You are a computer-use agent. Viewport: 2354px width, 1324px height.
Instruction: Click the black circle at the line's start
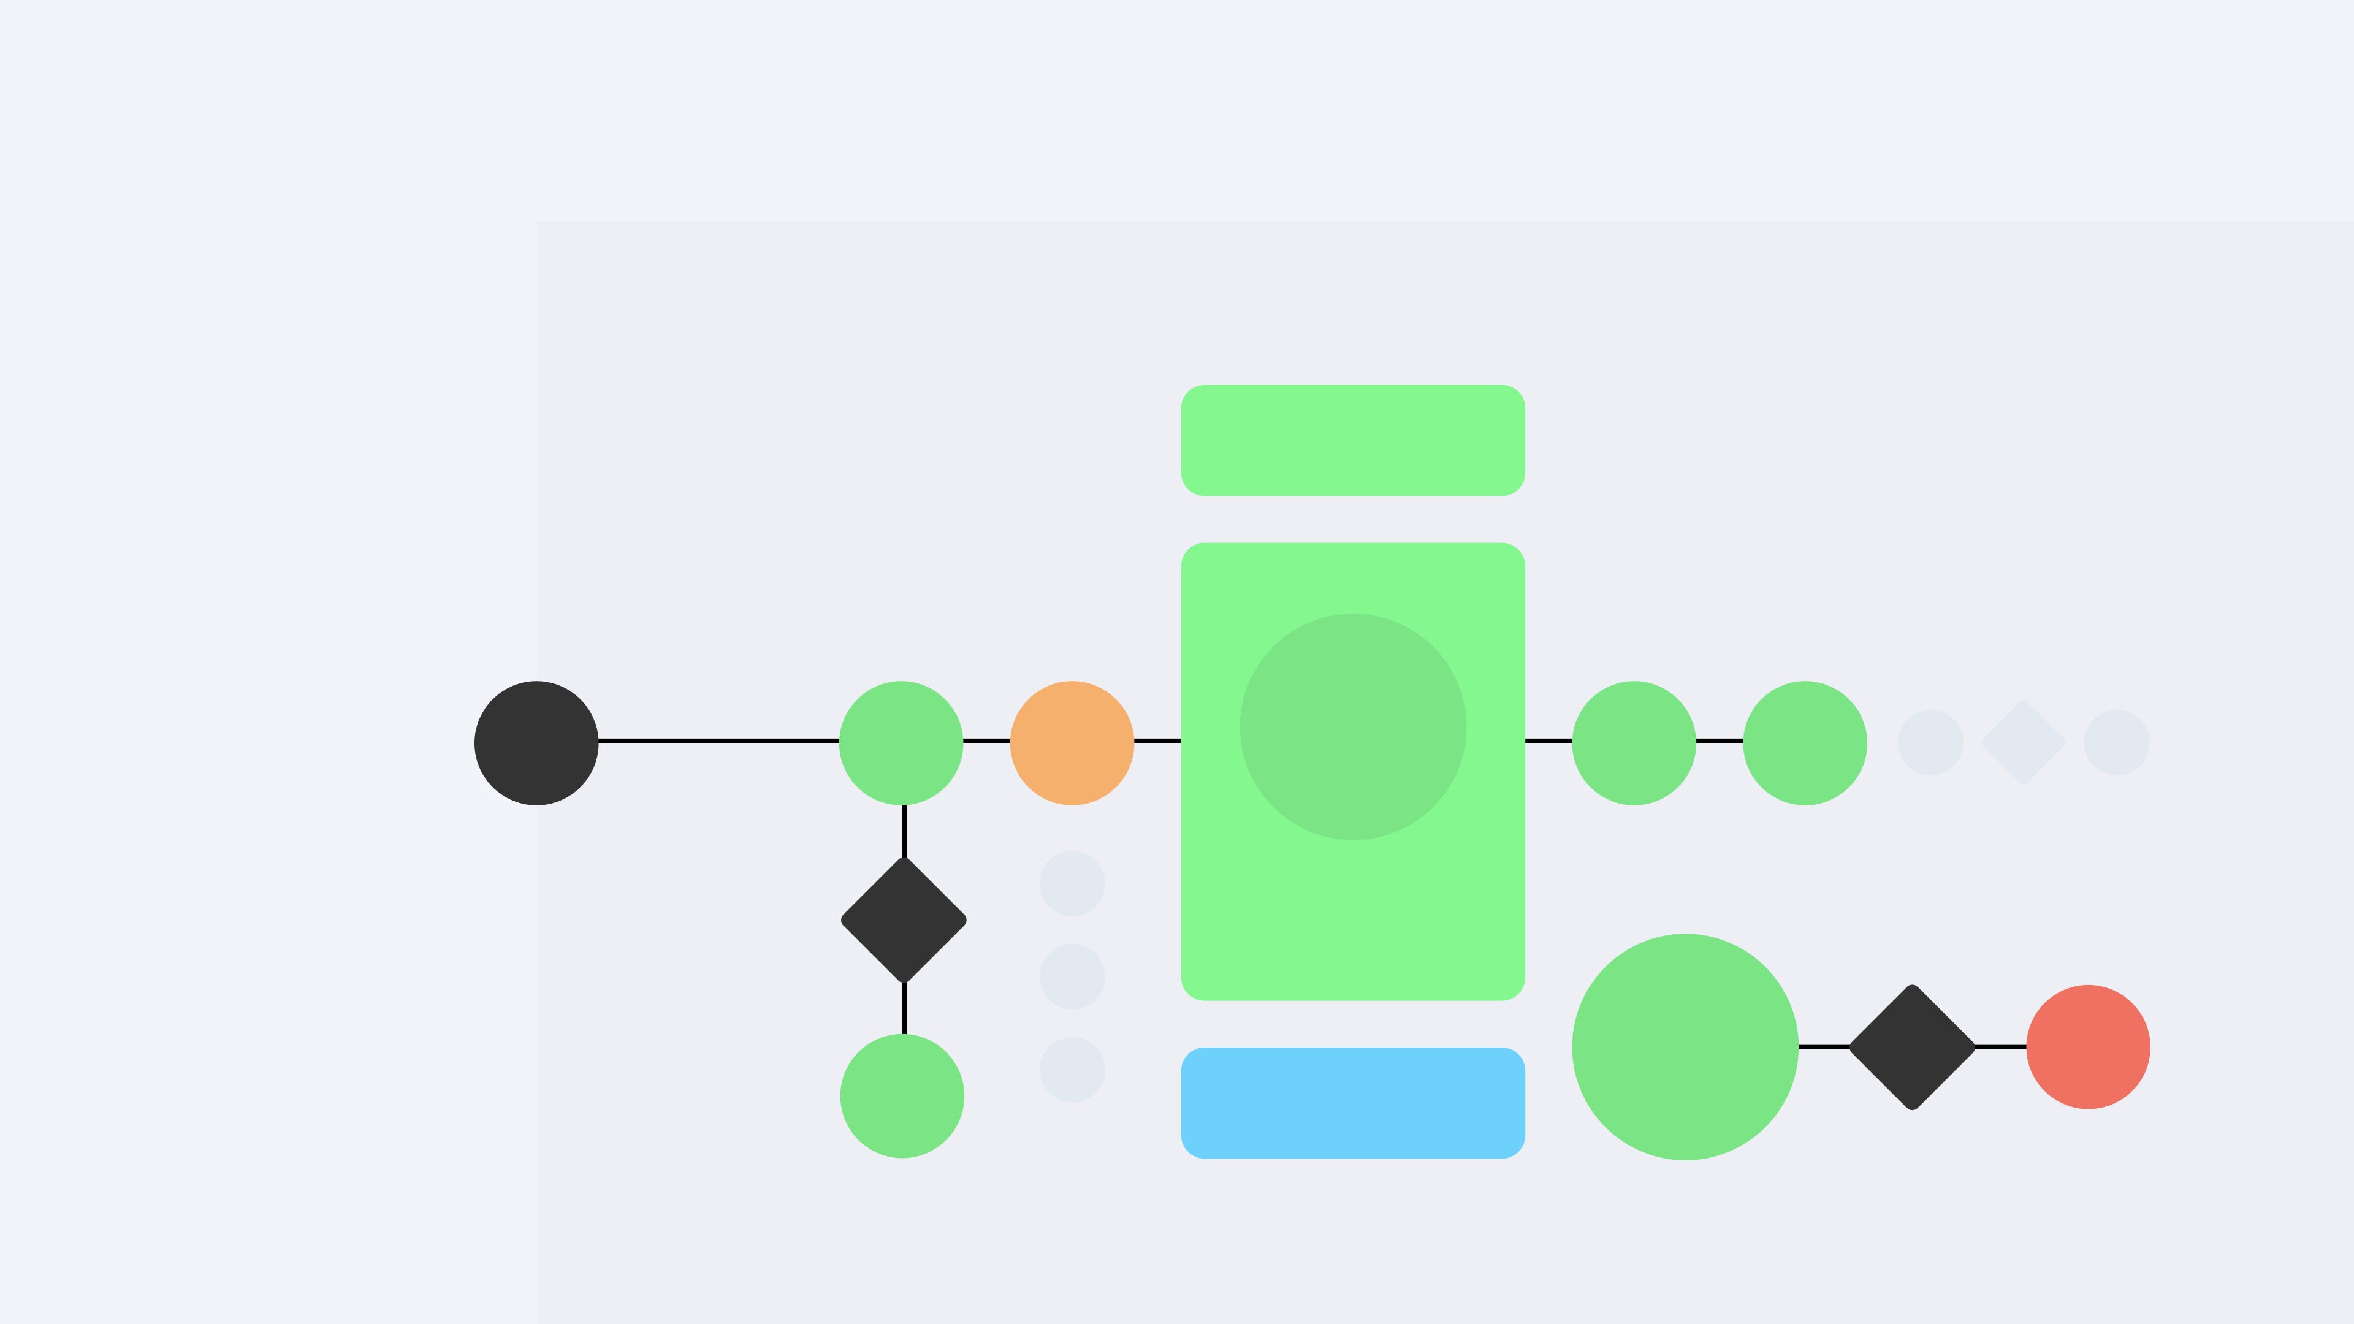click(536, 743)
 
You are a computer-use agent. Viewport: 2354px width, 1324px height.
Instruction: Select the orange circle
click(1072, 743)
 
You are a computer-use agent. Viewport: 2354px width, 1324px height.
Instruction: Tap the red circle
click(2088, 1047)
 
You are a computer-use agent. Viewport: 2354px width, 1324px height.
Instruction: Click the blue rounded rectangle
click(1352, 1103)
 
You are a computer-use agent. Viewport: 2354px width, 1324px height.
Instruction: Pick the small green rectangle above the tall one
click(1352, 441)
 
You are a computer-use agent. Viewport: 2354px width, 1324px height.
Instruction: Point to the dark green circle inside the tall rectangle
click(1352, 726)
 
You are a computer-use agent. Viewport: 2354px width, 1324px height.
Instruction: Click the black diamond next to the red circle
click(1912, 1047)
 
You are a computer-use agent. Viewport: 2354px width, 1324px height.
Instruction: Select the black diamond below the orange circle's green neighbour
click(904, 920)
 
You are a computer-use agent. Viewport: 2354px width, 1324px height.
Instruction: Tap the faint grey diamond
click(2023, 742)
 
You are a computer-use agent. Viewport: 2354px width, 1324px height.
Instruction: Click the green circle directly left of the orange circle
click(901, 743)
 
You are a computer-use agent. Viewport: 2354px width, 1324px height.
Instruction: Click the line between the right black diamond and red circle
click(2000, 1047)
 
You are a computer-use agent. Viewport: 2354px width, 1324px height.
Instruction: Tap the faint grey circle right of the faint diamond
click(2116, 742)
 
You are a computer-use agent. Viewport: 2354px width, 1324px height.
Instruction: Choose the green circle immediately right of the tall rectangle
click(1634, 743)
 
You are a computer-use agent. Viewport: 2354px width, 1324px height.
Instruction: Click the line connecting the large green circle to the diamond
click(1824, 1047)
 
